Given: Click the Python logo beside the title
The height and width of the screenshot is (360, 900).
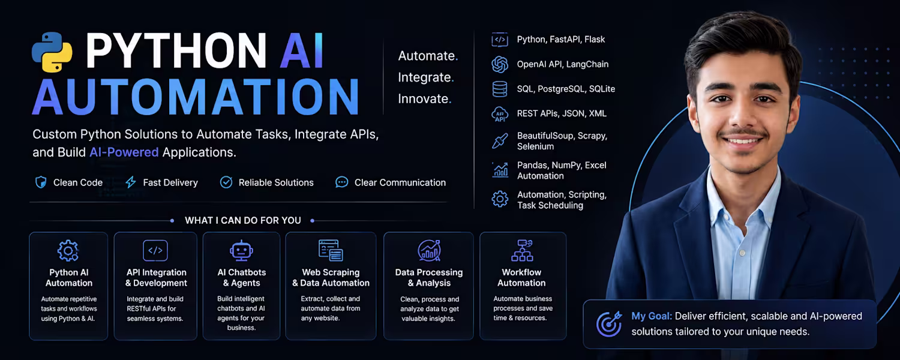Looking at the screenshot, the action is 52,52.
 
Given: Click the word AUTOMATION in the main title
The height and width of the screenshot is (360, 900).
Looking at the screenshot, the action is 196,97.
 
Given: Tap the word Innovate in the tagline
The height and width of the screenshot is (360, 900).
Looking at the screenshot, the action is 422,99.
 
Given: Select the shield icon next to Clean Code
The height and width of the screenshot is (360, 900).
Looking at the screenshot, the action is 41,182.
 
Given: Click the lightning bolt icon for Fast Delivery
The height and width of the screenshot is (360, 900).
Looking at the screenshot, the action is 131,182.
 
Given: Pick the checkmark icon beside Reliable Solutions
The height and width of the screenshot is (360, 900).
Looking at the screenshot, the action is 226,182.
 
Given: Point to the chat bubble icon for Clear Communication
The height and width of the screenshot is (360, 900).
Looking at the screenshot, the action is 341,182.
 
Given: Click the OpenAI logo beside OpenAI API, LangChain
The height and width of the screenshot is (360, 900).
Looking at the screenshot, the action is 500,64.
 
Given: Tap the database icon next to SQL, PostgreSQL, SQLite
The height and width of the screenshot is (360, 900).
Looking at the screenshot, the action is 500,89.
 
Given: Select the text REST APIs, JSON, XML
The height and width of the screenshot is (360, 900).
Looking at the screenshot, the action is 562,113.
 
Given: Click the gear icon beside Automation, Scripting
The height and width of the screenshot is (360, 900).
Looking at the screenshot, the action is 500,199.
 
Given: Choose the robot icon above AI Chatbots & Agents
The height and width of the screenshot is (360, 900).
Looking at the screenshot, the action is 241,250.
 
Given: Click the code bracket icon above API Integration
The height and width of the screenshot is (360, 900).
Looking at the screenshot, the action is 155,250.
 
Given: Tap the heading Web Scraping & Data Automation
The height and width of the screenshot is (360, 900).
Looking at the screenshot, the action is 331,278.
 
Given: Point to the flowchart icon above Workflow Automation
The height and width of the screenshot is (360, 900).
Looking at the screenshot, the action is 522,250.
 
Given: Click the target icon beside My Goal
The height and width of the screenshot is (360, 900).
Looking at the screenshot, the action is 609,324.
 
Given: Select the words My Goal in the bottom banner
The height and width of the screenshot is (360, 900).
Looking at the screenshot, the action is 651,317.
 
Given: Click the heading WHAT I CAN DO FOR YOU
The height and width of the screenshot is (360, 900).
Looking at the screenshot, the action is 242,221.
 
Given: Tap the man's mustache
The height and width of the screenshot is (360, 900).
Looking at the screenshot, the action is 743,133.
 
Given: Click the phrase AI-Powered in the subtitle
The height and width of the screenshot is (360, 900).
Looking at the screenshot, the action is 124,152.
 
